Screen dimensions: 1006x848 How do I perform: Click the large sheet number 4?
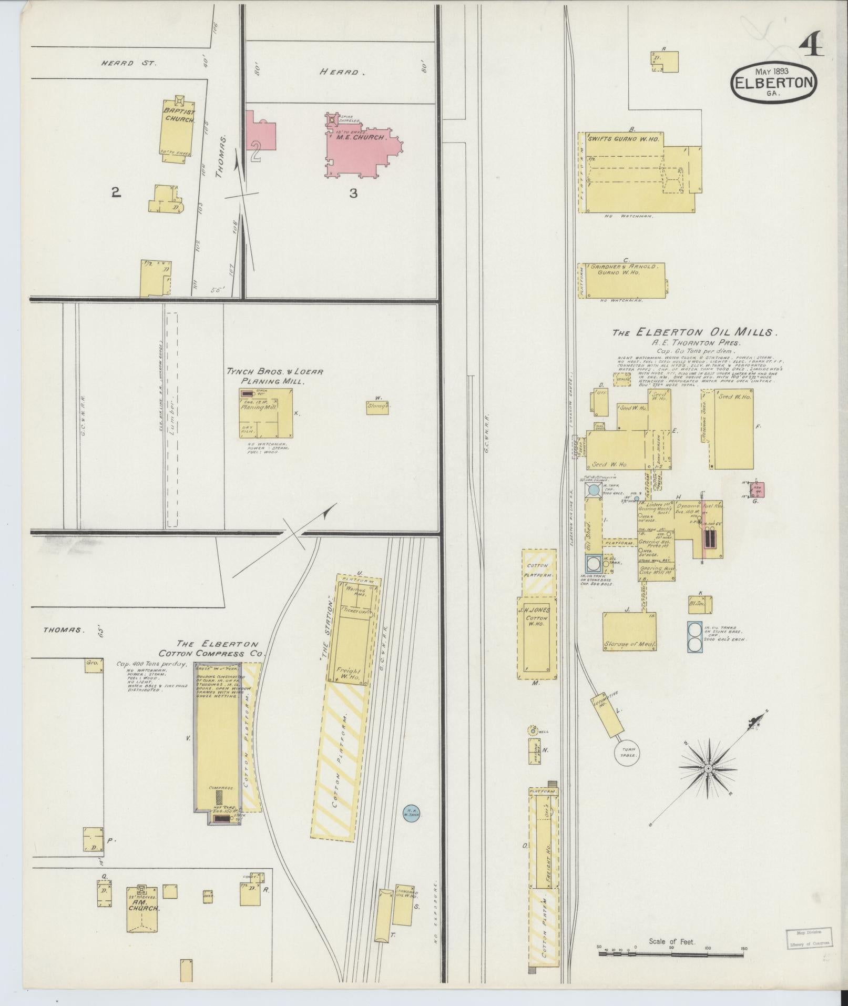coord(811,48)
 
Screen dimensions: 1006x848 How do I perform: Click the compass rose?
coord(708,769)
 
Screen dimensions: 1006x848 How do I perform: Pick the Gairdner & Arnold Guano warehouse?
coord(623,281)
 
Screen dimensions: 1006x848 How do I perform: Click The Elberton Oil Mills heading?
coord(694,332)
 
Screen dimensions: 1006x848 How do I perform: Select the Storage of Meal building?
coord(629,632)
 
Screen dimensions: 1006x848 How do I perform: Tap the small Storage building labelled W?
coord(378,407)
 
